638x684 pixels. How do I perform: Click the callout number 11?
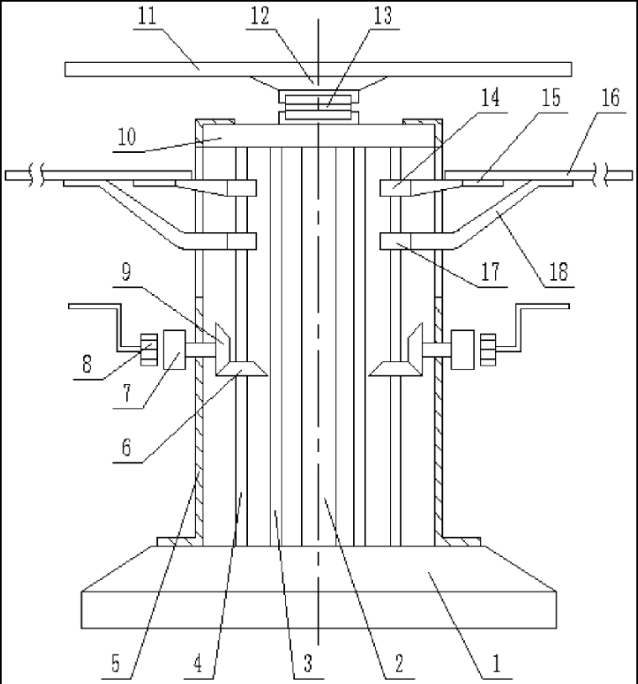click(146, 17)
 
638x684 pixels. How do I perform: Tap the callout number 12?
click(259, 17)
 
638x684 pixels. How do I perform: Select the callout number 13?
click(382, 17)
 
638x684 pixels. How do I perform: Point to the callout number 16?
click(610, 98)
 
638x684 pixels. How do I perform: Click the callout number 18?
click(558, 272)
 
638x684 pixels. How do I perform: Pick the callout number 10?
click(128, 137)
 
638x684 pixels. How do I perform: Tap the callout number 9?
click(126, 272)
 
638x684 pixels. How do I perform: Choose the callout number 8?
click(87, 364)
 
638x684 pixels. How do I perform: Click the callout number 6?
click(126, 447)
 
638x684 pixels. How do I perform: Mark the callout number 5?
click(115, 664)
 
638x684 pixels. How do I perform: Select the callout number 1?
click(496, 664)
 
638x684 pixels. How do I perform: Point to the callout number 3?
click(308, 664)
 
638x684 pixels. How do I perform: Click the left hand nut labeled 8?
click(149, 350)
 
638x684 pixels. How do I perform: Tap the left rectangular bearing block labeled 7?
click(174, 350)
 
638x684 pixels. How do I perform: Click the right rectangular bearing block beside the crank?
click(462, 350)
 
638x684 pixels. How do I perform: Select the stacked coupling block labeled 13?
click(318, 107)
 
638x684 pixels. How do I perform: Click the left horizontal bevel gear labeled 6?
click(241, 369)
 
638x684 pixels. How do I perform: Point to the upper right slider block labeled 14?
click(395, 188)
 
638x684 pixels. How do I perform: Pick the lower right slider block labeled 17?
click(395, 241)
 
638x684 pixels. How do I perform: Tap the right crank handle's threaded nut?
click(488, 350)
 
